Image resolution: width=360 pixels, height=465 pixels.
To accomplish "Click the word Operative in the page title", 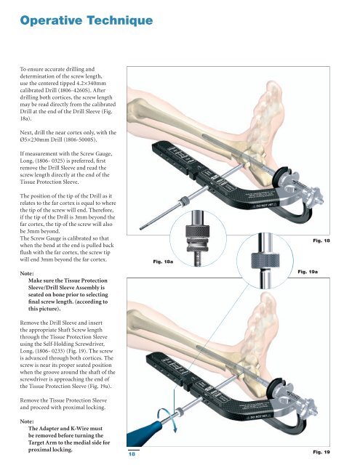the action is [51, 21].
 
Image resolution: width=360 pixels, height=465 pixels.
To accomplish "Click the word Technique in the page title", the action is [120, 21].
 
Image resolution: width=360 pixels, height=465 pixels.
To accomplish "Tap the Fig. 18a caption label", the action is [163, 262].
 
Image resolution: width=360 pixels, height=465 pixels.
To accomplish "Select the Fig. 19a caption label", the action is [308, 272].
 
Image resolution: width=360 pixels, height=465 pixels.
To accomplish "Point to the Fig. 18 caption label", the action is [321, 240].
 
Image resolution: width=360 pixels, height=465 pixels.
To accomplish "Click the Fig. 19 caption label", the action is [321, 452].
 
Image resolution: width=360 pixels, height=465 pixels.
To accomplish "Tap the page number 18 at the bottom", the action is [132, 453].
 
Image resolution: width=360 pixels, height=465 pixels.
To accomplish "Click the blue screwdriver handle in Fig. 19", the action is [143, 434].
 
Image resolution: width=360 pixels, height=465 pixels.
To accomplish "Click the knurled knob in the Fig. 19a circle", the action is [265, 261].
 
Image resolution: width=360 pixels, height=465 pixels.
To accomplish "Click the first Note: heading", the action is [27, 273].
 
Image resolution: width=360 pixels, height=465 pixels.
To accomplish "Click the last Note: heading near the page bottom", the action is [27, 421].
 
